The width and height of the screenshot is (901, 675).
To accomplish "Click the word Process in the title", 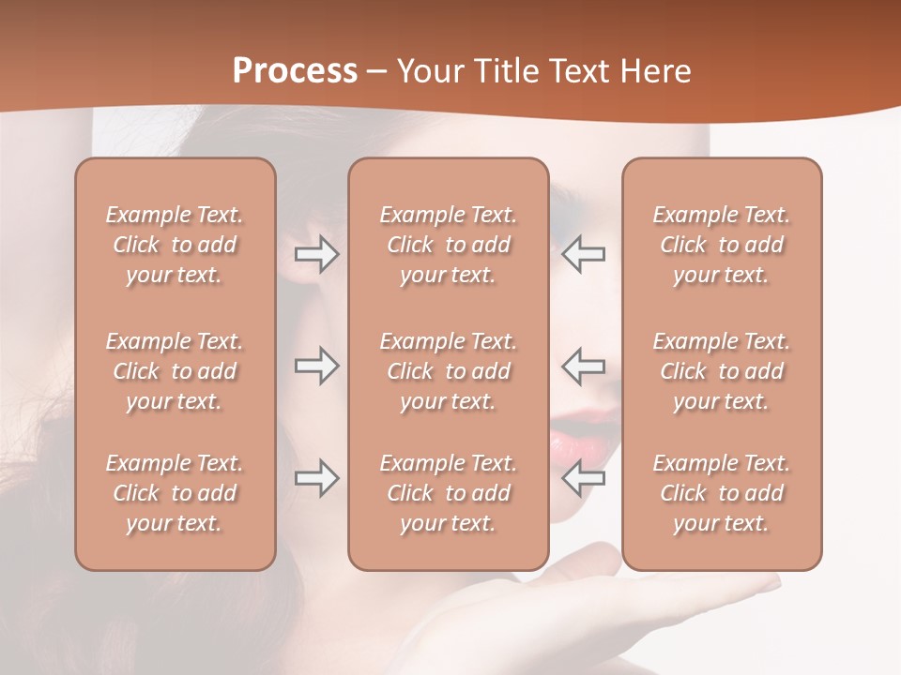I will coord(295,71).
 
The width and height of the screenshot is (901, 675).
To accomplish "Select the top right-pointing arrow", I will coord(316,254).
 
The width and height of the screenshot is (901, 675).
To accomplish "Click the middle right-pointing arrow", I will coord(316,366).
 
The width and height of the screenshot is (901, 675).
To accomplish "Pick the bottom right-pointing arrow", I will coord(316,478).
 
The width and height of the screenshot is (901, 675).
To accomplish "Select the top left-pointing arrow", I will coord(584,254).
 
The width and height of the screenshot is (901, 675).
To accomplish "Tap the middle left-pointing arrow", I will coord(584,366).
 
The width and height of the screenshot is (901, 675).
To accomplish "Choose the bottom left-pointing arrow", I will coord(584,478).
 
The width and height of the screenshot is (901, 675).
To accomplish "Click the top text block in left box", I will coord(175,245).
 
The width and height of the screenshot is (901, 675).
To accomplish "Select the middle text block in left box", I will coord(175,371).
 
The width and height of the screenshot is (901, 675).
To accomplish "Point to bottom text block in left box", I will coord(175,493).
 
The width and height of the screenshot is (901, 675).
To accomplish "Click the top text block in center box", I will coord(448,245).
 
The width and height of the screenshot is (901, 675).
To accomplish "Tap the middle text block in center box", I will coord(448,371).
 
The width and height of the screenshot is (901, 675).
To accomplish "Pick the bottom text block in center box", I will coord(448,493).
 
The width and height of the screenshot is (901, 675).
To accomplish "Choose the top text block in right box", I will coord(722,245).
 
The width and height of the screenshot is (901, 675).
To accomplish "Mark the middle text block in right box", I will coord(722,371).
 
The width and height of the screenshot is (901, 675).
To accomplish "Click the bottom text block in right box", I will coord(722,493).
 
